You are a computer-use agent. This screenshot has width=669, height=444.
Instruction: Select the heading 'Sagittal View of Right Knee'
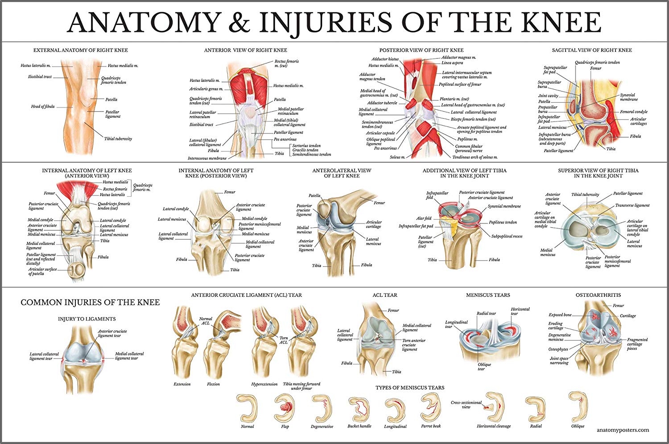pyautogui.click(x=591, y=50)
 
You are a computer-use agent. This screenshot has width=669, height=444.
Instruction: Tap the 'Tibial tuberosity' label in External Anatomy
pyautogui.click(x=118, y=139)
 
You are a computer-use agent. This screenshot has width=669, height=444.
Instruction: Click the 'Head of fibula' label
pyautogui.click(x=43, y=107)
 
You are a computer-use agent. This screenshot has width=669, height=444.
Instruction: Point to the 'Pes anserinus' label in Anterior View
pyautogui.click(x=285, y=140)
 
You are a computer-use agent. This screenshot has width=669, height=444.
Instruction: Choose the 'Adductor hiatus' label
pyautogui.click(x=385, y=59)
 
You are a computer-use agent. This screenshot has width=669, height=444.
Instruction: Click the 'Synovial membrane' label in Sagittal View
pyautogui.click(x=629, y=97)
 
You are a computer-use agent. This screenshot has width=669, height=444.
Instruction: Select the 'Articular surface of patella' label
pyautogui.click(x=42, y=271)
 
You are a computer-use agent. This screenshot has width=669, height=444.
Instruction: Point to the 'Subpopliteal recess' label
pyautogui.click(x=507, y=236)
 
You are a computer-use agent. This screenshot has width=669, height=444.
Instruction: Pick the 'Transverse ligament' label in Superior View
pyautogui.click(x=632, y=205)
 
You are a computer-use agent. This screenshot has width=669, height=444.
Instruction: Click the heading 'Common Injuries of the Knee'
pyautogui.click(x=90, y=303)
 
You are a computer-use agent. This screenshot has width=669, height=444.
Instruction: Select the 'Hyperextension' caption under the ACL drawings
pyautogui.click(x=264, y=384)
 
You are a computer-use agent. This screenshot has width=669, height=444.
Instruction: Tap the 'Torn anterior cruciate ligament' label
pyautogui.click(x=413, y=344)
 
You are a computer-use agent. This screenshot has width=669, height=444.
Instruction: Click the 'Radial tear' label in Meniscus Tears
pyautogui.click(x=486, y=313)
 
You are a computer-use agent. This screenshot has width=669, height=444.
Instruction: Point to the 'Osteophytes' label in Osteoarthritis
pyautogui.click(x=558, y=349)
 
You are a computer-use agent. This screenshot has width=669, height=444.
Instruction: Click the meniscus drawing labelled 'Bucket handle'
pyautogui.click(x=359, y=408)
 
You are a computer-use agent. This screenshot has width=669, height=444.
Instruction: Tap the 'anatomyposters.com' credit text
pyautogui.click(x=623, y=430)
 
